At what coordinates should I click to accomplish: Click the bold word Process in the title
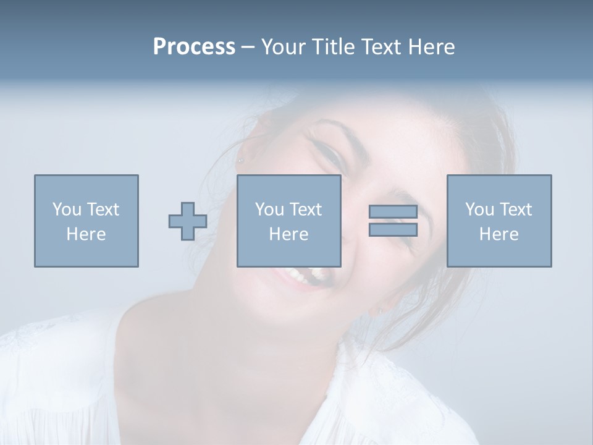(194, 47)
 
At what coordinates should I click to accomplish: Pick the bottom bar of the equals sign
(393, 230)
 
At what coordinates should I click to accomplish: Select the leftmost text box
(86, 221)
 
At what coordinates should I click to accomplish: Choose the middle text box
(288, 221)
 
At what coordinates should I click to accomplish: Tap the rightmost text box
(498, 221)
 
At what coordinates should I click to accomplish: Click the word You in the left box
(67, 210)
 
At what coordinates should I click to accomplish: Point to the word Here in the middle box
(288, 234)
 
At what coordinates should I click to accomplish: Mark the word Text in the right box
(515, 210)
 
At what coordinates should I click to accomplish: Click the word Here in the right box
(498, 234)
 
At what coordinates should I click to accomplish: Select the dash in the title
(248, 47)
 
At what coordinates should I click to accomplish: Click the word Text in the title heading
(376, 47)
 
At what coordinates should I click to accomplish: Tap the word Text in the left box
(103, 210)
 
